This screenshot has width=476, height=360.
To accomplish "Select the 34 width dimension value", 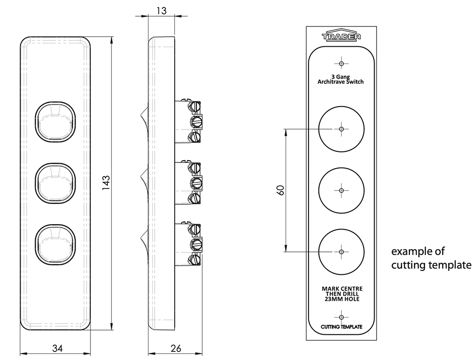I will (x=57, y=349).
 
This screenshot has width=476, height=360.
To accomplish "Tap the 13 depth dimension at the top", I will (x=161, y=10).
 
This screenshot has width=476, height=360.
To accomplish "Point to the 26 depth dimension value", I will (x=175, y=349).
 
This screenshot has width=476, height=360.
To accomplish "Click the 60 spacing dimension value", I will (x=280, y=190).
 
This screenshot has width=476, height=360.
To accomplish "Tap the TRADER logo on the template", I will (x=341, y=36).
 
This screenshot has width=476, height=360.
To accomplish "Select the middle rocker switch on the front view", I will (x=56, y=183).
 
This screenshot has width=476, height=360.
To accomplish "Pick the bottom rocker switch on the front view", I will (x=56, y=243).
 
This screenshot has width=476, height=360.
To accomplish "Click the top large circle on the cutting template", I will (x=341, y=129).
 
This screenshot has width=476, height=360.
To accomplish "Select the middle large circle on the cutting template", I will (x=341, y=190).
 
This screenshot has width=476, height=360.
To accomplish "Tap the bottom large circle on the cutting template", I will (x=341, y=251).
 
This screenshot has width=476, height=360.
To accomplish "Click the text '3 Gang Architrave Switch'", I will (x=341, y=79).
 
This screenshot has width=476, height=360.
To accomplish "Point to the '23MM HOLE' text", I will (x=341, y=299).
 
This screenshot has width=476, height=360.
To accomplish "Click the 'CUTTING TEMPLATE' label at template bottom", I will (x=341, y=327).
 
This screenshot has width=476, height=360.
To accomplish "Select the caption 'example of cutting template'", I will (x=431, y=258).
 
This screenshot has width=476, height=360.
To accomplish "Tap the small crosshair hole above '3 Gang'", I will (x=341, y=62).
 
